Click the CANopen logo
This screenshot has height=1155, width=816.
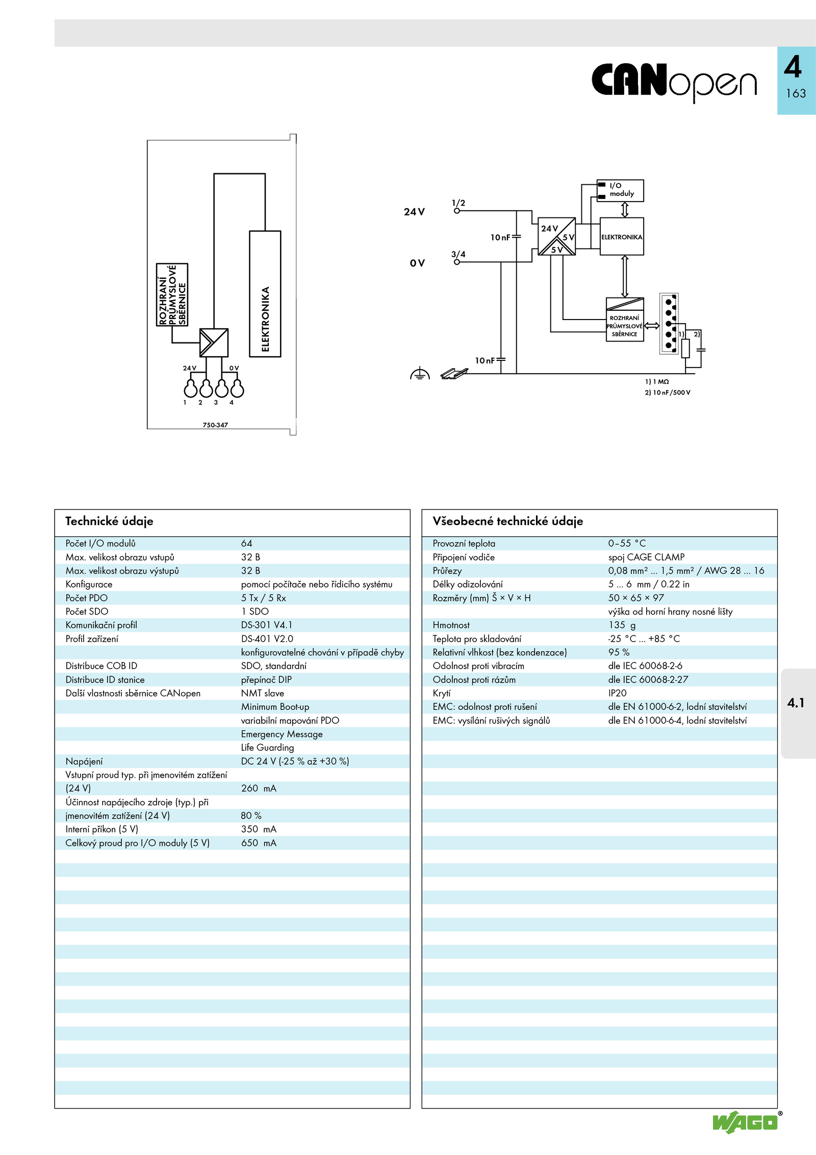(x=674, y=82)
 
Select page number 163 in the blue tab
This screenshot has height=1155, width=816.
(x=796, y=93)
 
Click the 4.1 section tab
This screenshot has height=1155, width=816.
(x=796, y=703)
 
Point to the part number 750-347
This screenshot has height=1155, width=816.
(x=215, y=425)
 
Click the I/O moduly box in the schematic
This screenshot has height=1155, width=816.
(x=620, y=190)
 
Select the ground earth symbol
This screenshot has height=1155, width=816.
(x=420, y=374)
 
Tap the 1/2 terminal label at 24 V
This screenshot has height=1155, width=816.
(x=458, y=203)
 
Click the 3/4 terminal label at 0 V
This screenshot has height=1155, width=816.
(x=458, y=254)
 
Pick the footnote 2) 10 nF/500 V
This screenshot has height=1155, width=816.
(x=668, y=392)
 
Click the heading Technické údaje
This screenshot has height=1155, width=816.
(x=109, y=521)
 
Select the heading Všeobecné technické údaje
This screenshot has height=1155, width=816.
(x=508, y=521)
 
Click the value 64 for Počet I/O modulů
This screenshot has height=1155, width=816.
(x=247, y=544)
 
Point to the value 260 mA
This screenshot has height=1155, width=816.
(x=259, y=789)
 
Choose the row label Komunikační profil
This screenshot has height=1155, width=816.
(x=101, y=625)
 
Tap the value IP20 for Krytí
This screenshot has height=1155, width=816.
(x=617, y=693)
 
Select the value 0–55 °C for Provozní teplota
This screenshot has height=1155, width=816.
(x=627, y=544)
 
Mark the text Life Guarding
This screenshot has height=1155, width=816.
(x=267, y=748)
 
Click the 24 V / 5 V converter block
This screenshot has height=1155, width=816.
(x=557, y=237)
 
